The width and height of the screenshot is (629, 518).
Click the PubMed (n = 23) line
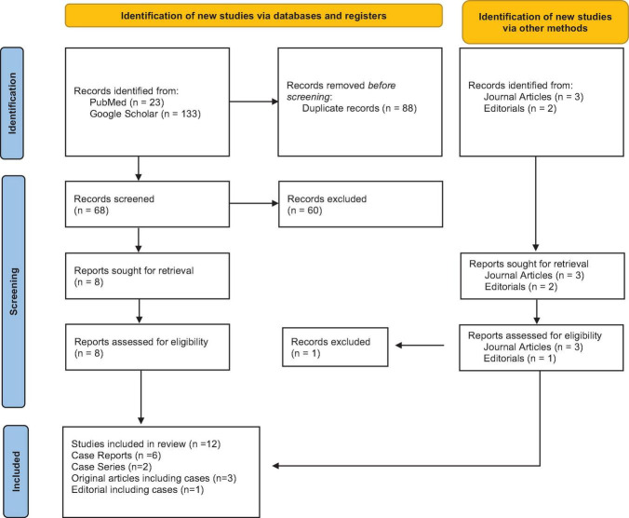click(127, 102)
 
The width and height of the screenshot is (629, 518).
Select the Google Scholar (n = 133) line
click(145, 114)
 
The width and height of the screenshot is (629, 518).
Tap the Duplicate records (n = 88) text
click(359, 108)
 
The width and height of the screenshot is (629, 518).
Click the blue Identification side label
click(12, 103)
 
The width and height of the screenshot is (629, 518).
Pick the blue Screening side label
click(13, 292)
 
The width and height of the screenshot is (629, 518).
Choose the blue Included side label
click(16, 471)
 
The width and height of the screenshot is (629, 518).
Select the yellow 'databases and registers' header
click(253, 16)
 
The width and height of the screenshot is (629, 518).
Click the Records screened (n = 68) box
click(148, 204)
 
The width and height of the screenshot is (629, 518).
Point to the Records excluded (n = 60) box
click(361, 204)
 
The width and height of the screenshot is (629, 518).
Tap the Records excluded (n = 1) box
click(335, 347)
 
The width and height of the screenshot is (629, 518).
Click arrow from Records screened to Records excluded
click(254, 203)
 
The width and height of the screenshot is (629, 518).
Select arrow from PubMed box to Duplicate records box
click(254, 102)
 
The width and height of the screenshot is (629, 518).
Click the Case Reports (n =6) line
click(116, 456)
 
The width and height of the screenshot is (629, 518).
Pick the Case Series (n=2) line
click(112, 467)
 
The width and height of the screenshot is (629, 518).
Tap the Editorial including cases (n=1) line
click(138, 490)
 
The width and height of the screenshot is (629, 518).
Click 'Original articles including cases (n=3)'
click(154, 478)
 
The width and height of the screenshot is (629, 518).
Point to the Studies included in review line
click(146, 444)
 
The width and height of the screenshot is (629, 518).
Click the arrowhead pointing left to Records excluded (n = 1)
click(399, 346)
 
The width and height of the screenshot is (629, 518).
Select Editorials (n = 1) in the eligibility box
click(520, 359)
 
